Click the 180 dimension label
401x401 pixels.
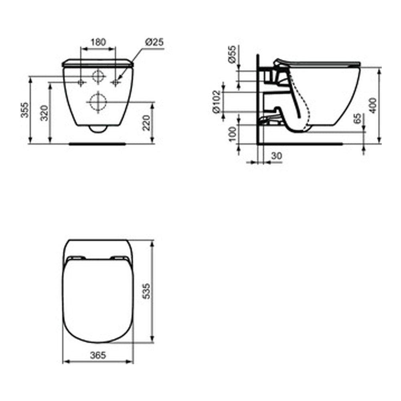tap(98, 42)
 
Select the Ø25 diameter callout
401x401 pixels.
tap(154, 42)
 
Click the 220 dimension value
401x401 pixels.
tap(147, 122)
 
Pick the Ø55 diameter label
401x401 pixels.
tap(232, 55)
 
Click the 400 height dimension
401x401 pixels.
tap(373, 105)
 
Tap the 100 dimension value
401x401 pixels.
tap(232, 133)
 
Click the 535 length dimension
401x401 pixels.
tap(147, 291)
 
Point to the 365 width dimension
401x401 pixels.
tap(98, 355)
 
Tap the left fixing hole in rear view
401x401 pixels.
tap(81, 82)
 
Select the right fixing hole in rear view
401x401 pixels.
tap(115, 82)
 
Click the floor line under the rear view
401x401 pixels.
tap(97, 143)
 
